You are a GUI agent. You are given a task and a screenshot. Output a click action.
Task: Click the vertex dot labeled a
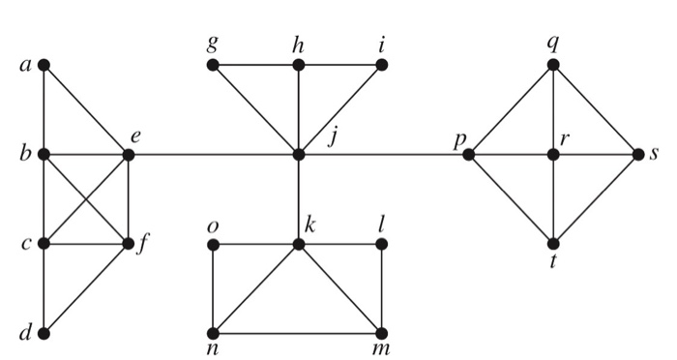[x=44, y=65]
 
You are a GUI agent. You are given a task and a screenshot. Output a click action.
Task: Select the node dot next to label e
[x=128, y=154]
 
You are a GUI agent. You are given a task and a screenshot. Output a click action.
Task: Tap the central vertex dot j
[x=299, y=154]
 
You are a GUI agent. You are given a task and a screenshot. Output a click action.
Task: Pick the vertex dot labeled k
[x=299, y=244]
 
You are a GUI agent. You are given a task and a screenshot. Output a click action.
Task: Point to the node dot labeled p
[x=468, y=154]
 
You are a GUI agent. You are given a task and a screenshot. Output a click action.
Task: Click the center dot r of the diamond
[x=553, y=154]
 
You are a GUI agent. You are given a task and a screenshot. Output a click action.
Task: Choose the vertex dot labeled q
[x=553, y=65]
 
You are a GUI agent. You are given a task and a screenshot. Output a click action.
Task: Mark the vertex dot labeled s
[x=638, y=154]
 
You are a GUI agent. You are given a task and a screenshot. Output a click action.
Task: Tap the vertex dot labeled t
[x=553, y=244]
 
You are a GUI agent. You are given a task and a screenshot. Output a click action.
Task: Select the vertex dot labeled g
[x=213, y=65]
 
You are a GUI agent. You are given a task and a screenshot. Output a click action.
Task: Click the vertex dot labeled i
[x=383, y=65]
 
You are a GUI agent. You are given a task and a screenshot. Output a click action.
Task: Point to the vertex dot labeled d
[x=44, y=334]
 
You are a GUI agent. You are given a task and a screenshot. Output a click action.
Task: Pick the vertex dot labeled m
[x=383, y=334]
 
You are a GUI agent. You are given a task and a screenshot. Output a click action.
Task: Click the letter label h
[x=299, y=44]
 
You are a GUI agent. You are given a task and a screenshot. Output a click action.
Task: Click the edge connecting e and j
[x=213, y=154]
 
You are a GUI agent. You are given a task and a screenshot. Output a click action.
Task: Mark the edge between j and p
[x=387, y=154]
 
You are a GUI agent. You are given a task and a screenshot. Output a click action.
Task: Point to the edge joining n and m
[x=298, y=334]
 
